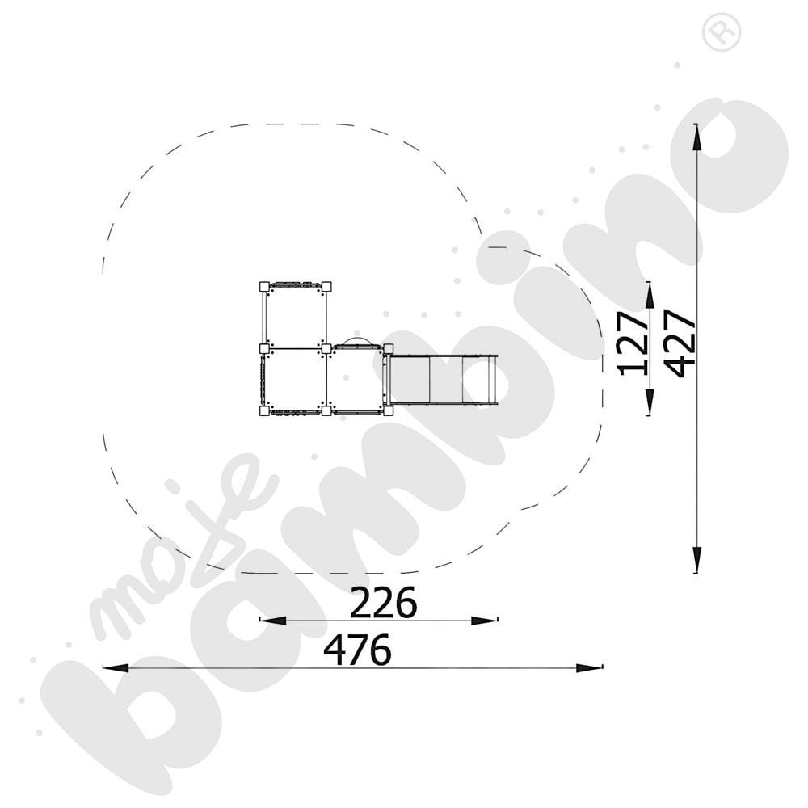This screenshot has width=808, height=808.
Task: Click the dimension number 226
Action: [x=383, y=603]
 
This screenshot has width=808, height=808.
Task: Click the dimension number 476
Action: [x=357, y=650]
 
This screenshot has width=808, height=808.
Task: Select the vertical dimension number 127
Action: [x=633, y=343]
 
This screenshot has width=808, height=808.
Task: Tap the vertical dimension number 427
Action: [x=680, y=343]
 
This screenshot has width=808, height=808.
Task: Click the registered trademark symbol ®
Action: [x=722, y=32]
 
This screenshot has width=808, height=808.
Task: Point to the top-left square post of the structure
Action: [x=263, y=287]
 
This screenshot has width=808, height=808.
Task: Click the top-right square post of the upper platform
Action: [x=326, y=287]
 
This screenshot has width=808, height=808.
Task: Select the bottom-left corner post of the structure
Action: [x=263, y=410]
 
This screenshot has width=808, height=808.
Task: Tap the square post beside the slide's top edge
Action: [x=389, y=349]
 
